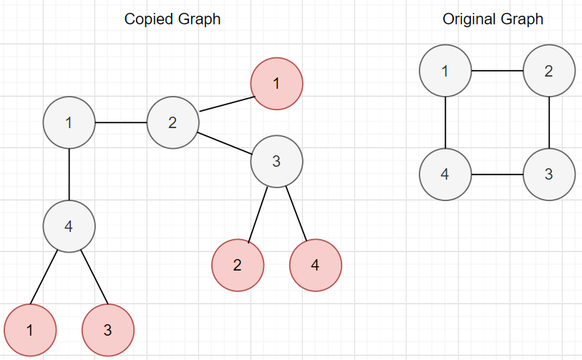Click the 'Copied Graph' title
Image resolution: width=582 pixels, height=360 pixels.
[172, 19]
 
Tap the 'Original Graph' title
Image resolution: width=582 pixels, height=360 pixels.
[493, 19]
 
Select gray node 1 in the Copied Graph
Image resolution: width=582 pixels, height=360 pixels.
[69, 122]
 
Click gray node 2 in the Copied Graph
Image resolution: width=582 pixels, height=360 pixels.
[173, 122]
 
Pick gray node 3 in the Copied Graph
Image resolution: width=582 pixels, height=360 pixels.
[276, 161]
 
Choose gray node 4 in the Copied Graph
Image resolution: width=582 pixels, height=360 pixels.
[69, 226]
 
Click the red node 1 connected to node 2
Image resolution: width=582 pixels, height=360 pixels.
[276, 84]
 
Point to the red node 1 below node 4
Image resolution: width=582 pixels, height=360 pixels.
[30, 330]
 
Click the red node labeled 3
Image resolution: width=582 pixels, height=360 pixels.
[108, 330]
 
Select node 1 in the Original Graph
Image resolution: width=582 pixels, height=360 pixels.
[445, 71]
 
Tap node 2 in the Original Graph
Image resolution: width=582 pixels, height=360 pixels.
[549, 71]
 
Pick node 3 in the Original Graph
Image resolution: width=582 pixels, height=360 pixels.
[549, 175]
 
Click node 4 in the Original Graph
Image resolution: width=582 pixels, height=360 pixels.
[445, 175]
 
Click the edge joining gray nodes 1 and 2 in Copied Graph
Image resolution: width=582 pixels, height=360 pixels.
[120, 122]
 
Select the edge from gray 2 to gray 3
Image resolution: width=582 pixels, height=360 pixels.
[224, 142]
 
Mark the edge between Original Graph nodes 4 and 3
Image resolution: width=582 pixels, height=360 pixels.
[497, 175]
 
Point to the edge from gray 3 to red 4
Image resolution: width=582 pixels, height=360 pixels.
[296, 213]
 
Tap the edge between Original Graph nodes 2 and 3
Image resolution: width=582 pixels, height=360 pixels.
[549, 122]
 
